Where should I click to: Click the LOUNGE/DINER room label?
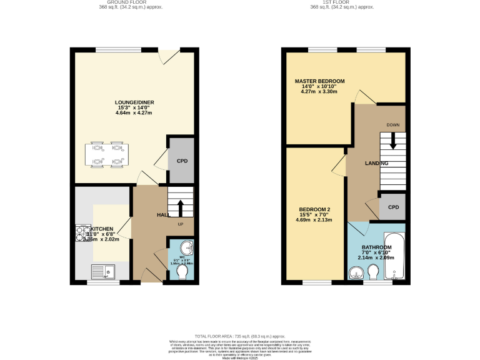(134, 102)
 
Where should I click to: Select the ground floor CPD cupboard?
(182, 161)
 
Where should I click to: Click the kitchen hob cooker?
(82, 233)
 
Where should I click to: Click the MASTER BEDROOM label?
(320, 81)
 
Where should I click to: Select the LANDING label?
(376, 163)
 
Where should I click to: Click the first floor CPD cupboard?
(393, 207)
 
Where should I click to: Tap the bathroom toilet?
(373, 271)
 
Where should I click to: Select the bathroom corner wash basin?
(356, 272)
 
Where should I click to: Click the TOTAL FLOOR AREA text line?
(239, 336)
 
